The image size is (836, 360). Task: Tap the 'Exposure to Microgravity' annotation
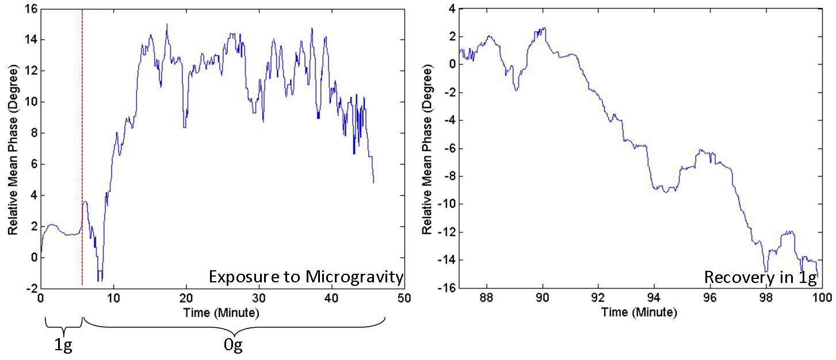coord(306,277)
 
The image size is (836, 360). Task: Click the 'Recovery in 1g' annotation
coord(760,278)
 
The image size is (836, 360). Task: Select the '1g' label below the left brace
coord(63,346)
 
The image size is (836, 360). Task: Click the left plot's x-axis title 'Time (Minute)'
coord(222,313)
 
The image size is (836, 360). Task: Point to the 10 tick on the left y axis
coord(29,102)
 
